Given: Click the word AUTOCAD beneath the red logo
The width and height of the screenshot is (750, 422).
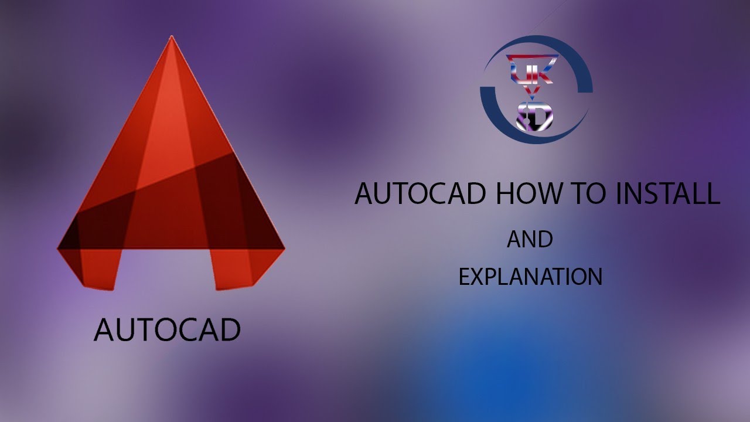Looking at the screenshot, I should [167, 330].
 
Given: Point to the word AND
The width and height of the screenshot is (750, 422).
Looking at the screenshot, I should [530, 240].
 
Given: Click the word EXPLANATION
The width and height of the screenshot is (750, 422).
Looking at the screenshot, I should [530, 277].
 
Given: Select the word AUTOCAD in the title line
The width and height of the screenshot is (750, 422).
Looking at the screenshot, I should [420, 194].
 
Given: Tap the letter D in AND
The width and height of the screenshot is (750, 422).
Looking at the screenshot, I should [545, 240].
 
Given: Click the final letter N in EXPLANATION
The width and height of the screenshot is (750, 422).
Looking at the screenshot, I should [595, 277].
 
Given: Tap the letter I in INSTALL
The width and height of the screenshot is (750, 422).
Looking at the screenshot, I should [618, 194].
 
